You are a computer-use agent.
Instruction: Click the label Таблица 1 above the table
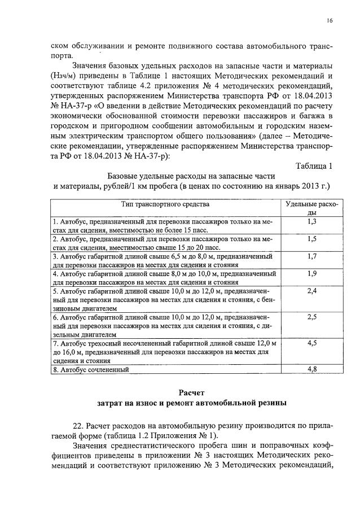pos(314,165)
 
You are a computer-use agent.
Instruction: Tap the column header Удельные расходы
pos(311,208)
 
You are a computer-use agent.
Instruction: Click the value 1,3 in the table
pos(311,222)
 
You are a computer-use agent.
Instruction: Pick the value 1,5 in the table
pos(311,239)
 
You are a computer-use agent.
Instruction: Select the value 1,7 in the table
pos(311,256)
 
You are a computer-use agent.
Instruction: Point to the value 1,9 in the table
pos(311,273)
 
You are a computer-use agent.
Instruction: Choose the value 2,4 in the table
pos(311,290)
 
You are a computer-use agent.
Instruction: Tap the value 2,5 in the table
pos(311,317)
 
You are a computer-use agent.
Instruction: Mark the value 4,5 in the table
pos(311,343)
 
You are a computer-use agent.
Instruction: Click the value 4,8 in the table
pos(311,369)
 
